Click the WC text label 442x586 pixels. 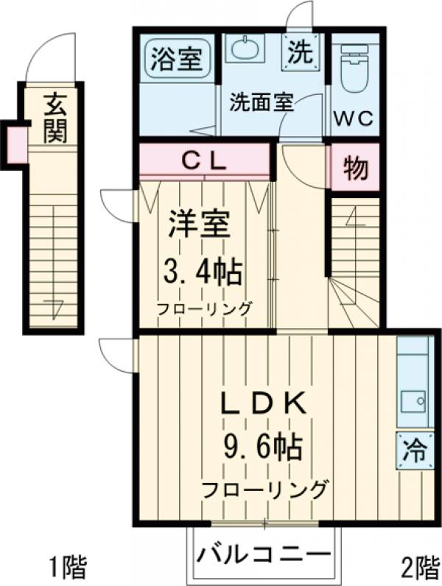pyautogui.click(x=354, y=119)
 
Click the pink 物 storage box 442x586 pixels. pyautogui.click(x=354, y=169)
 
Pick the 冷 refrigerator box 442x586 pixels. pyautogui.click(x=413, y=450)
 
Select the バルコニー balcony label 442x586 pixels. pyautogui.click(x=264, y=551)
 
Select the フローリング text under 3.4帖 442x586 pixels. pyautogui.click(x=203, y=309)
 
